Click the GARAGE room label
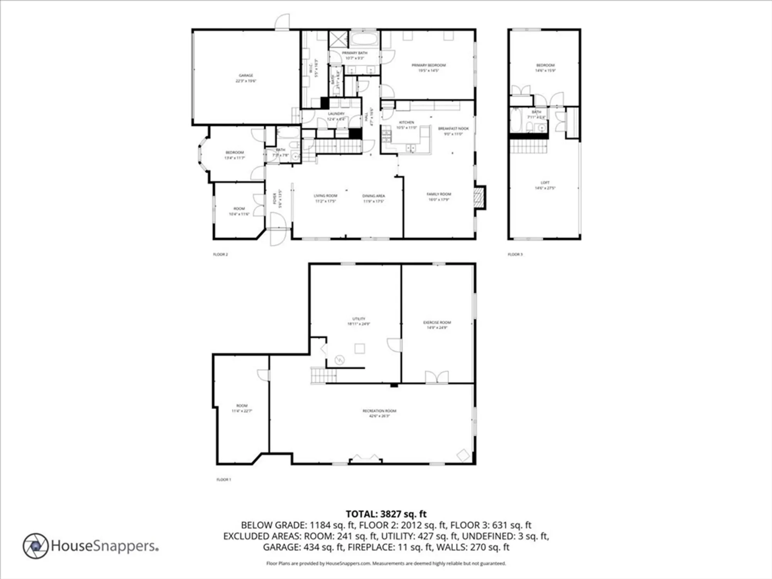coord(246,76)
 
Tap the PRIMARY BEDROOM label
coord(428,65)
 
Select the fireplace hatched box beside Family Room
coord(479,198)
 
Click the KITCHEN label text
coord(406,122)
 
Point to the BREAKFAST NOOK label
coord(453,129)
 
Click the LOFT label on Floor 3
coord(545,183)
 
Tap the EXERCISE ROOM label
coord(437,322)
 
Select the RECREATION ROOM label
coord(379,411)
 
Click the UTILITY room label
coord(359,319)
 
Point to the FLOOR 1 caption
coord(223,479)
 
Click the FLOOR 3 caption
coord(515,254)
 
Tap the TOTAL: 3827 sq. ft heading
coord(386,514)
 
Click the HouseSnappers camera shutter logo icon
coord(36,546)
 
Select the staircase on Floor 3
coord(528,147)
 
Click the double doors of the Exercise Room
coord(437,377)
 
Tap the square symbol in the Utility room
coord(360,349)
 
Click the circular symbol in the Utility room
coord(340,360)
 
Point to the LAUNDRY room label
coord(336,114)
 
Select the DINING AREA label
coord(373,196)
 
